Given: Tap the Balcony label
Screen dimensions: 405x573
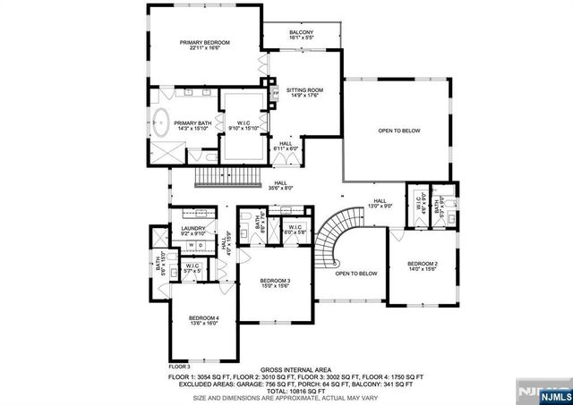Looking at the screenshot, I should [x=301, y=36].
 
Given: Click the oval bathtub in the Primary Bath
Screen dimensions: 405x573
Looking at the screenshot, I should [x=164, y=122].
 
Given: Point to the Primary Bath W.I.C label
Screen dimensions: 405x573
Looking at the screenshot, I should [x=243, y=125].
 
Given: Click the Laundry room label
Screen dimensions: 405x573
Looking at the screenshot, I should [x=193, y=231].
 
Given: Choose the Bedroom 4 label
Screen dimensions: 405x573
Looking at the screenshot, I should [x=203, y=321].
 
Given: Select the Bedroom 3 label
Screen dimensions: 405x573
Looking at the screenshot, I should [x=276, y=283].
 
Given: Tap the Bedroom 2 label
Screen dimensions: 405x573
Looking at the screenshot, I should [x=422, y=266].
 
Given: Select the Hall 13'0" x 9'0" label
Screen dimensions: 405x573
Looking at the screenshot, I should [x=380, y=204].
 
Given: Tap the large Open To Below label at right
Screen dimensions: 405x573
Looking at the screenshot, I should [x=398, y=131].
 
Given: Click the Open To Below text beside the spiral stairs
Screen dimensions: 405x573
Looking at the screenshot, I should [x=355, y=274].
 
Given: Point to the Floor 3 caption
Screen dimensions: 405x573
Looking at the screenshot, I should [x=180, y=367].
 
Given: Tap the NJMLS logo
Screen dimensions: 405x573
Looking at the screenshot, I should [x=543, y=389].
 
